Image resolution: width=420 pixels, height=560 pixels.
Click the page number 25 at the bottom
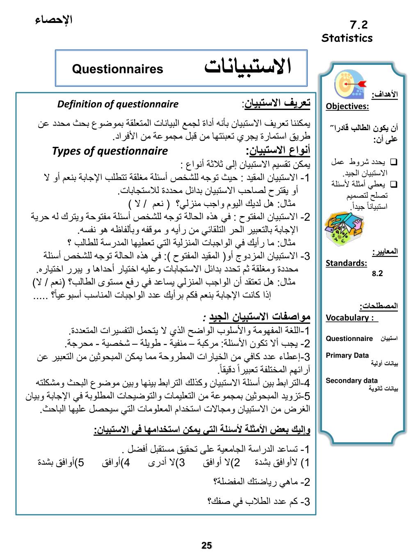click(x=207, y=545)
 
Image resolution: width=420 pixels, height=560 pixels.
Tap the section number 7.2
click(x=359, y=25)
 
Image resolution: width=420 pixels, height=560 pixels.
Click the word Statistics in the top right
click(x=347, y=38)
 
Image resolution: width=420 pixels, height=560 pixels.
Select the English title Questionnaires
click(x=118, y=69)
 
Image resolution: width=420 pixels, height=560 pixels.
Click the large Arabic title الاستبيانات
click(x=248, y=67)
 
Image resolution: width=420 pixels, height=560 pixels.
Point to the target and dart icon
click(x=348, y=84)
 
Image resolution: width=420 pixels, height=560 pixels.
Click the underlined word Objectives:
click(x=347, y=107)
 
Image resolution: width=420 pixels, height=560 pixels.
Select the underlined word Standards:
click(x=346, y=263)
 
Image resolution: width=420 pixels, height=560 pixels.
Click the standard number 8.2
click(x=377, y=273)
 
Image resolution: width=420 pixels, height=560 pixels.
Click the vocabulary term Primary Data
click(x=347, y=355)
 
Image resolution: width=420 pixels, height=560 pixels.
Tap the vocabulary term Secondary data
click(x=352, y=380)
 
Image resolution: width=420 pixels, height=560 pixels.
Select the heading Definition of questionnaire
click(x=118, y=104)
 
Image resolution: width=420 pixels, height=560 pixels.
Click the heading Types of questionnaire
click(x=110, y=151)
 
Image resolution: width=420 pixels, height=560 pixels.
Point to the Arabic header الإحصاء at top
click(x=54, y=19)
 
